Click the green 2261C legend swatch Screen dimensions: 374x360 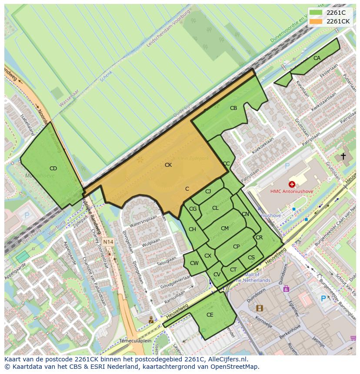point(316,13)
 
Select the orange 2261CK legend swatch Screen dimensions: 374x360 point(316,21)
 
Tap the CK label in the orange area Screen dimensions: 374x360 point(168,165)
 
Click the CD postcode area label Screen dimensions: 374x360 point(53,169)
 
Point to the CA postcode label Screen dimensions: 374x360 point(317,58)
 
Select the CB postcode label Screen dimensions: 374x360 point(233,108)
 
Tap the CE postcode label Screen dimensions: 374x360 point(210,315)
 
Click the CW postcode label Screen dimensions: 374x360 point(194,263)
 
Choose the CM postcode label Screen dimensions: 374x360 point(224,228)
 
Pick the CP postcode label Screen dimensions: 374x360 point(236,247)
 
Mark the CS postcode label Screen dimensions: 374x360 point(251,258)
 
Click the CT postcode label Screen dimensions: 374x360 point(233,270)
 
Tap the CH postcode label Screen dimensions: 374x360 point(192,229)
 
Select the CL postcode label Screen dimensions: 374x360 point(215,208)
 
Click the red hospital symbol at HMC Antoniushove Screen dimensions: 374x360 point(292,185)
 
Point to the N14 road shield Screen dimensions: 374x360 point(108,242)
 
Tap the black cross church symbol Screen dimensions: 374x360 point(343,156)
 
